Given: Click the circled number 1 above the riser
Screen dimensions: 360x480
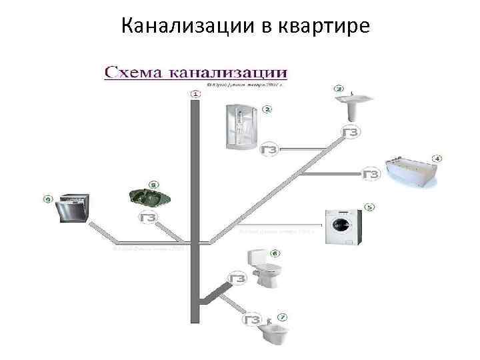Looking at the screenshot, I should [x=195, y=94].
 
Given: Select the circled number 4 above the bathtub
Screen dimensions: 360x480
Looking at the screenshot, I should [x=438, y=159].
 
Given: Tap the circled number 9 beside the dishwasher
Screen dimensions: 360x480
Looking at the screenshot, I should [x=47, y=198].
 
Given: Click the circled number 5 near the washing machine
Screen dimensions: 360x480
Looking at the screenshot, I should [x=369, y=207].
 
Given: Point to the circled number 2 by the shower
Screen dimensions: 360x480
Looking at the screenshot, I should [x=267, y=109].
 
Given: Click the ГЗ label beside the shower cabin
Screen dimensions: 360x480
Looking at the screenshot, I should [x=270, y=149].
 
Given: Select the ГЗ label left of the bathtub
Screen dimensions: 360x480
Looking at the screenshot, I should [x=371, y=175].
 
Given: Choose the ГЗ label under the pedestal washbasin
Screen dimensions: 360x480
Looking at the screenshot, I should [x=351, y=132].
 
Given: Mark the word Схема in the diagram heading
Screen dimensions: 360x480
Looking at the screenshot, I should [x=133, y=71].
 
